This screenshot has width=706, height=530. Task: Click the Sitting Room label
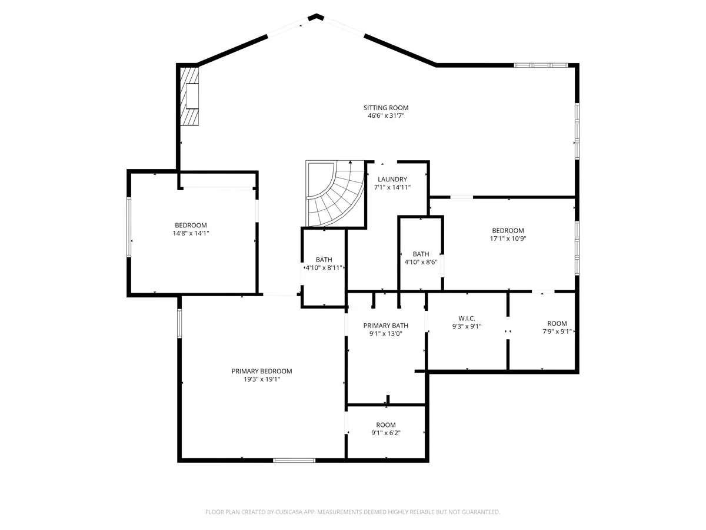[x=385, y=108]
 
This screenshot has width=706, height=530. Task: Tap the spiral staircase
[x=335, y=193]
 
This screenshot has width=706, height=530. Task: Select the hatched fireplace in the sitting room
[x=189, y=95]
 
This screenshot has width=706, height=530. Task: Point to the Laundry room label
[x=392, y=179]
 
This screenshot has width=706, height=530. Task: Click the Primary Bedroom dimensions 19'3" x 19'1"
[x=261, y=379]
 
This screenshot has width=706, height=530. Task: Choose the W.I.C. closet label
[x=467, y=318]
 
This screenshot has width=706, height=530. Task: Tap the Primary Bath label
[x=385, y=325]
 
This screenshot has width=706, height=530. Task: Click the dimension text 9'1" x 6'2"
[x=385, y=433]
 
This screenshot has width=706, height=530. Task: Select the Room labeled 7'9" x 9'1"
[x=557, y=323]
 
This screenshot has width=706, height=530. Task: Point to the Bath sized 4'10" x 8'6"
[x=421, y=254]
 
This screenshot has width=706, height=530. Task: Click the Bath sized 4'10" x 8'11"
[x=324, y=260]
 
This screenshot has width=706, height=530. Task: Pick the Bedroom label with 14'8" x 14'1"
[x=191, y=226]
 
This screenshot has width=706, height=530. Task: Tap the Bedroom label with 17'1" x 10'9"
[x=508, y=230]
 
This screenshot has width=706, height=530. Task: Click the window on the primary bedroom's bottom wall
[x=294, y=461]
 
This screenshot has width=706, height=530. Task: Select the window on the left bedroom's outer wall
[x=129, y=227]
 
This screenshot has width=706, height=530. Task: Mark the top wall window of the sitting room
[x=541, y=65]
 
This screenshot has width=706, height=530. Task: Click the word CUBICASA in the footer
[x=288, y=512]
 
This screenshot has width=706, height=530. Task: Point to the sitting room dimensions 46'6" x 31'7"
[x=385, y=115]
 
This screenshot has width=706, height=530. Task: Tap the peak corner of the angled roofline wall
[x=317, y=15]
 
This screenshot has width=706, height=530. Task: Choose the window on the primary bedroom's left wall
[x=179, y=323]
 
